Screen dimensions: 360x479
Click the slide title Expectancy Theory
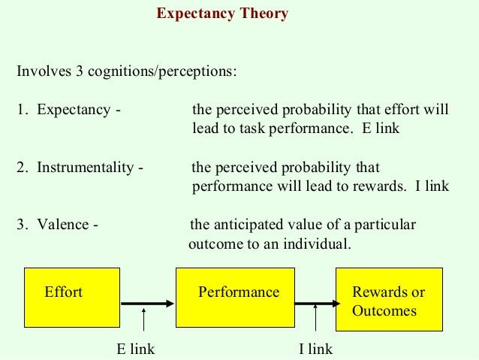[x=221, y=14]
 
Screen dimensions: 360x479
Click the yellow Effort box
[x=72, y=297]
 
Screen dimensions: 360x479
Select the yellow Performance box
[x=233, y=297]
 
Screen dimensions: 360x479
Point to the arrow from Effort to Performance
[x=147, y=304]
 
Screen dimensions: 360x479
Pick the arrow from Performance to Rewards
[x=314, y=304]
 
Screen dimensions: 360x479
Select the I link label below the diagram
[x=315, y=349]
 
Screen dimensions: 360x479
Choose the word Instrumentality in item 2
[x=86, y=167]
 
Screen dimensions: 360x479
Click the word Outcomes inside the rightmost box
[x=384, y=310]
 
